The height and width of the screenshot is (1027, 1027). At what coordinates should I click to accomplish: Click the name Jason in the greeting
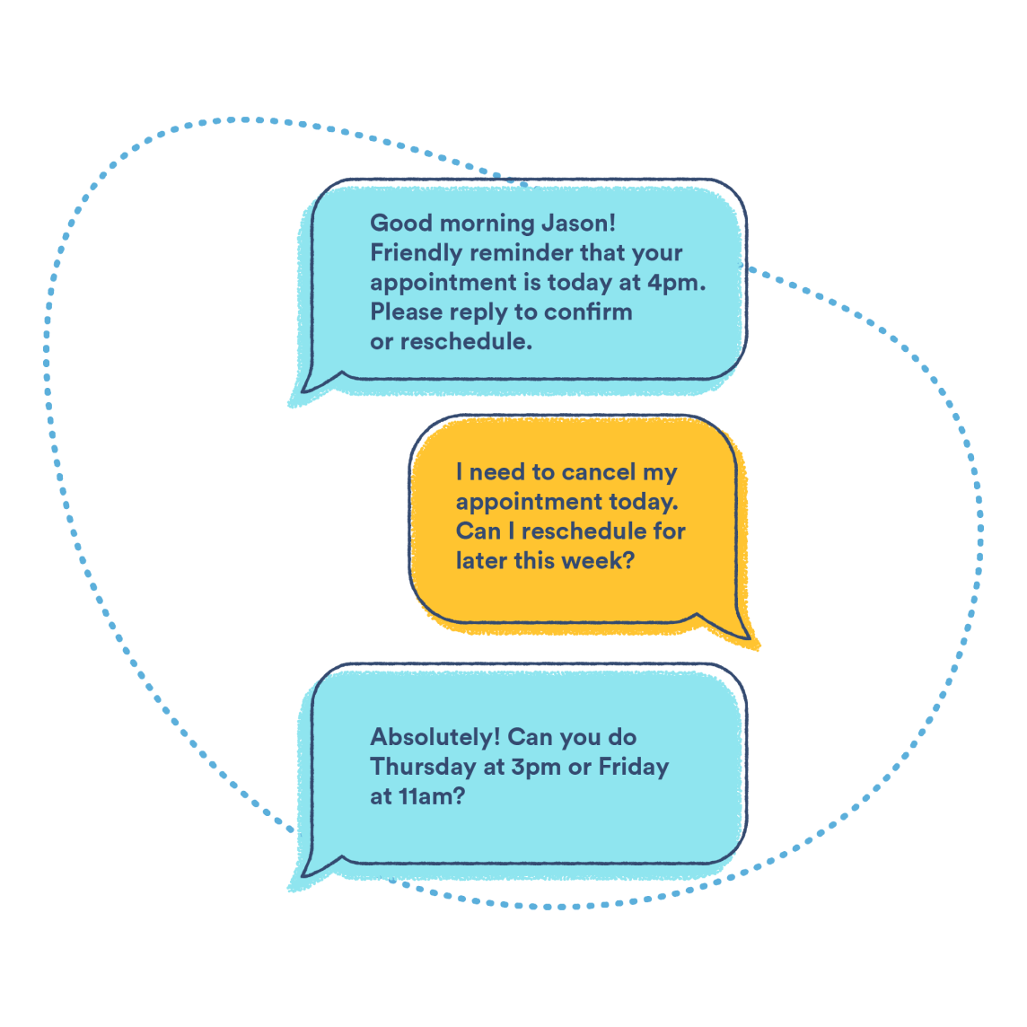pyautogui.click(x=578, y=224)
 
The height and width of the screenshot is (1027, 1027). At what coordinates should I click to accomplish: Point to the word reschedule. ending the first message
pyautogui.click(x=466, y=342)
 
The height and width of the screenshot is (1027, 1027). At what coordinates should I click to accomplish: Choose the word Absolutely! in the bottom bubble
pyautogui.click(x=434, y=738)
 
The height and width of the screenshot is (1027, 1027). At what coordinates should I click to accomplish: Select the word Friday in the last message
pyautogui.click(x=634, y=768)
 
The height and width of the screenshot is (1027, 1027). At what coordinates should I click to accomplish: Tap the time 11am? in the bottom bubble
pyautogui.click(x=431, y=796)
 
